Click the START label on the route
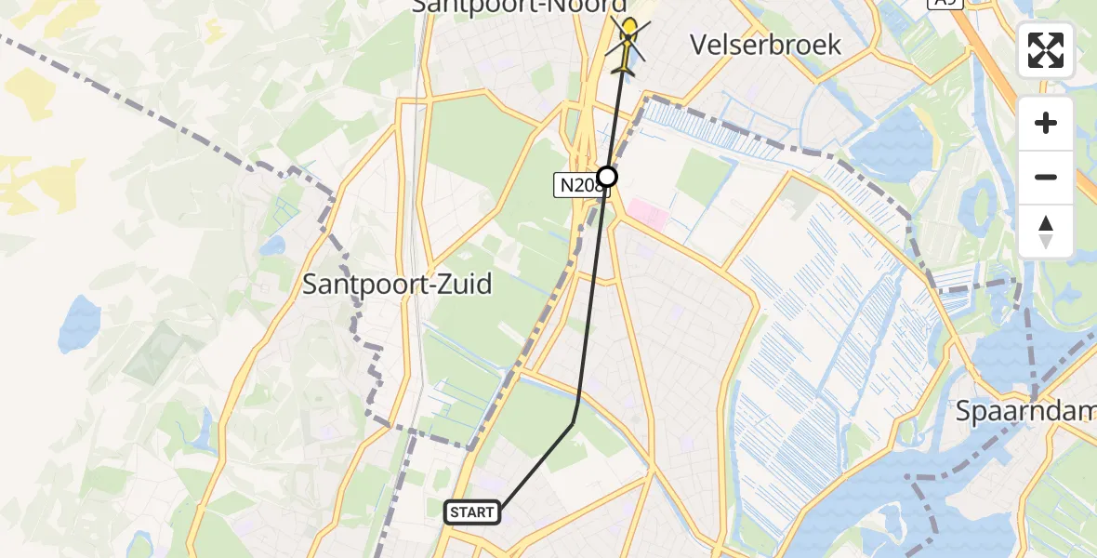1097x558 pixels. tap(472, 512)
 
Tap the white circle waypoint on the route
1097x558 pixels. tap(607, 176)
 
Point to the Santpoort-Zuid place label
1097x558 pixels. tap(397, 285)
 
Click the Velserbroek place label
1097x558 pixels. tap(766, 44)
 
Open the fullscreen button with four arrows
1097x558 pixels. tap(1046, 50)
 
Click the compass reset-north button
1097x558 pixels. tap(1046, 232)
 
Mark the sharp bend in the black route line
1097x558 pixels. tap(574, 421)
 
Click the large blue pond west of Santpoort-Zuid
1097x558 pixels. tap(78, 321)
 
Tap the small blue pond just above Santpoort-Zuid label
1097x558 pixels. tap(272, 246)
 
